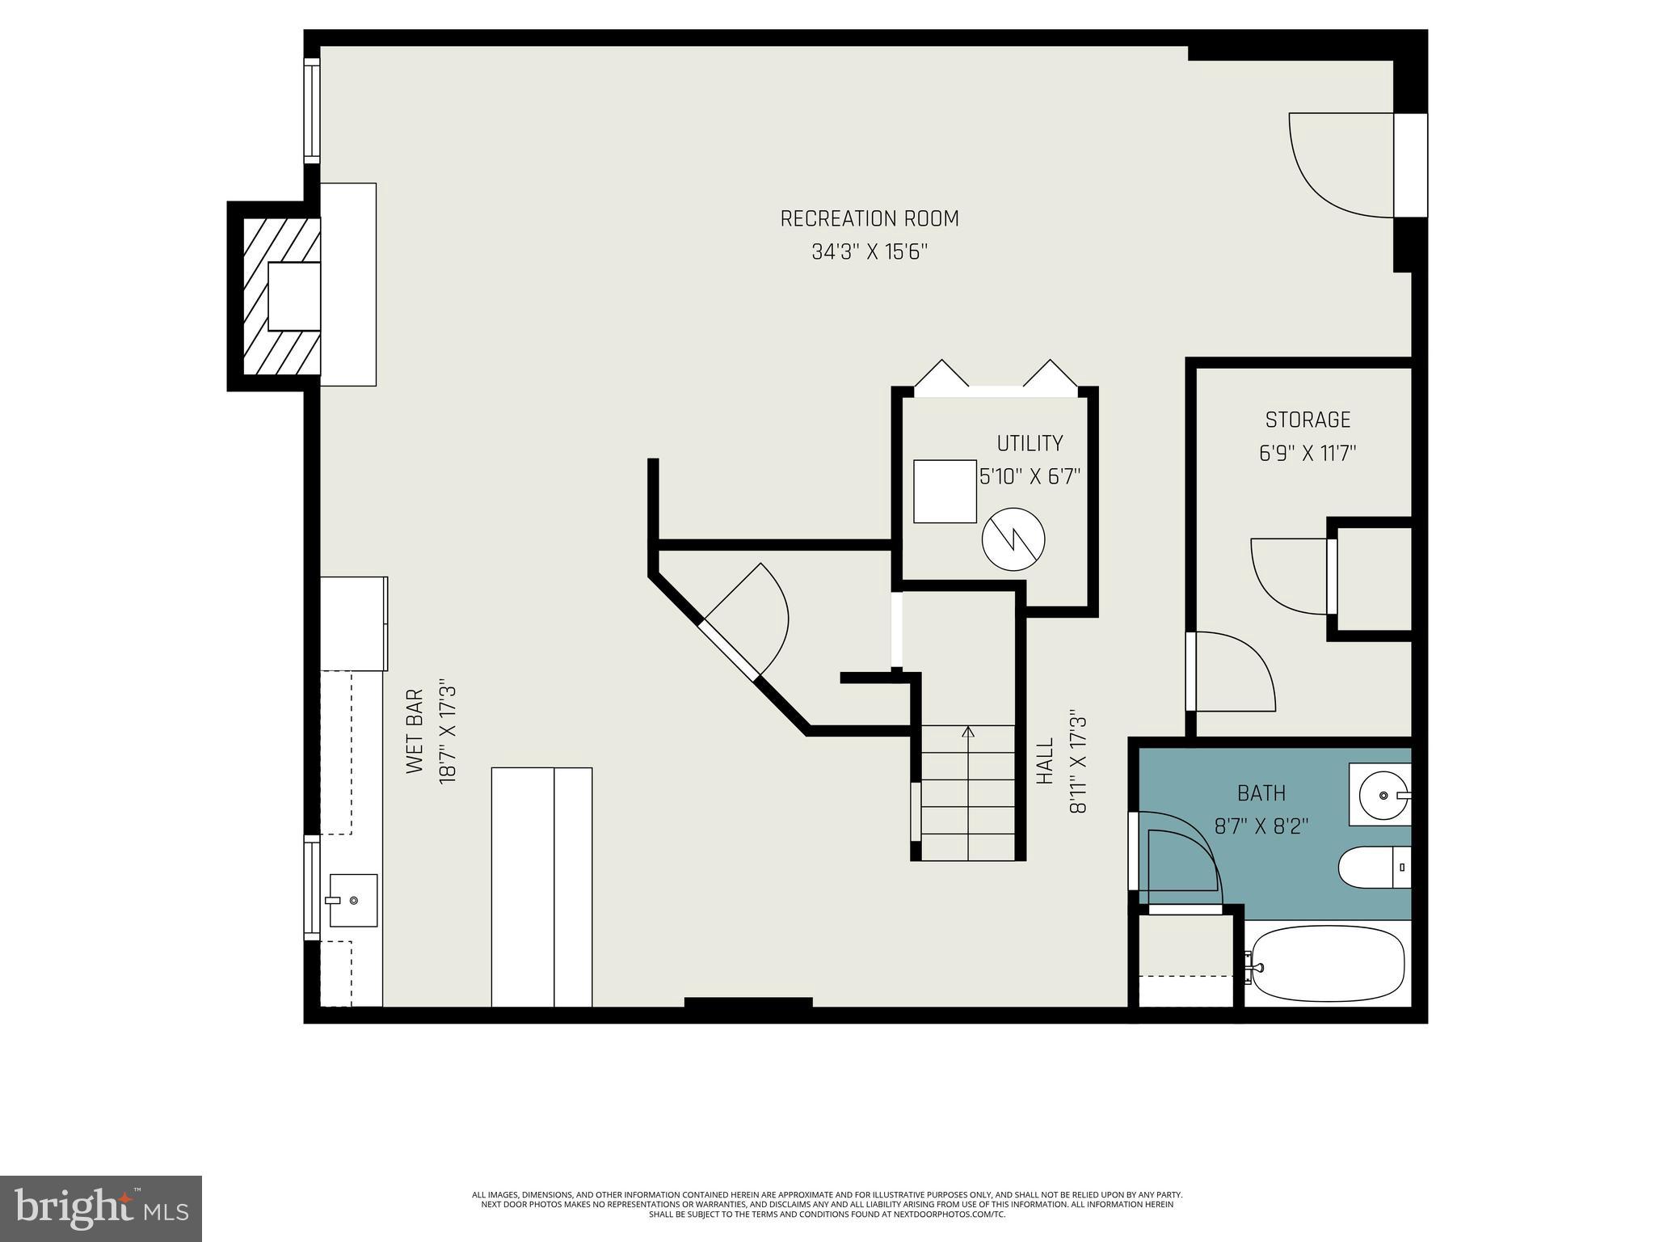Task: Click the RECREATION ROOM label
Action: (x=869, y=218)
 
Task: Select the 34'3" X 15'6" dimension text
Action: (x=869, y=252)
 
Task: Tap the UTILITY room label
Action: (x=1029, y=443)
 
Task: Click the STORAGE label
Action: (x=1307, y=420)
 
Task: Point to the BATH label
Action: (x=1261, y=793)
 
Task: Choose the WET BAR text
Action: (x=415, y=731)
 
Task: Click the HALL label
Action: (x=1045, y=760)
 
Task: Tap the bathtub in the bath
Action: (x=1325, y=965)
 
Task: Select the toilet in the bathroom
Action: (x=1372, y=868)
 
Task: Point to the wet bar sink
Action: (x=352, y=900)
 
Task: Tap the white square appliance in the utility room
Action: (x=945, y=491)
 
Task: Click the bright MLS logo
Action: (x=100, y=1207)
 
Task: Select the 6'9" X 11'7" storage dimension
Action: (x=1307, y=453)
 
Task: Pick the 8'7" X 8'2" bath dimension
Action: (x=1261, y=826)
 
